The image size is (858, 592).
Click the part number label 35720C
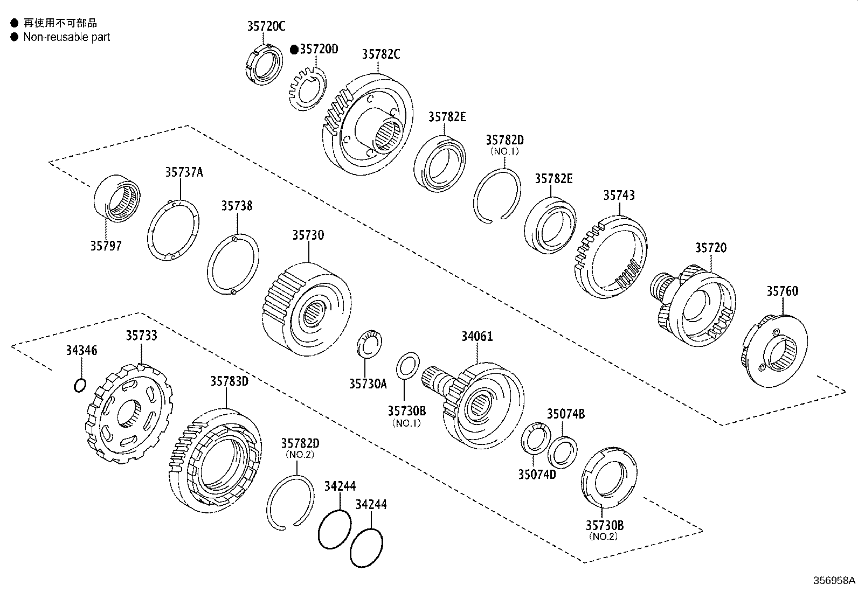[x=266, y=26]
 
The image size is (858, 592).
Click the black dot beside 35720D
[x=294, y=50]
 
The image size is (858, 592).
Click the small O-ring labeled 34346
[x=79, y=386]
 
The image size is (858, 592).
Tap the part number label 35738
[x=236, y=206]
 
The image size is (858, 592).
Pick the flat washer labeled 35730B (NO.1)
[x=407, y=366]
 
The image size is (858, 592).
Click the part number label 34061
[x=476, y=337]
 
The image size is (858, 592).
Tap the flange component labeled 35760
[x=775, y=350]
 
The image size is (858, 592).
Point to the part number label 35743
[x=619, y=196]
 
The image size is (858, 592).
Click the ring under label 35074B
[x=562, y=451]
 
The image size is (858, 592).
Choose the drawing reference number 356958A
[x=834, y=581]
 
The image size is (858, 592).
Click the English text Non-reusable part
[x=66, y=37]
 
